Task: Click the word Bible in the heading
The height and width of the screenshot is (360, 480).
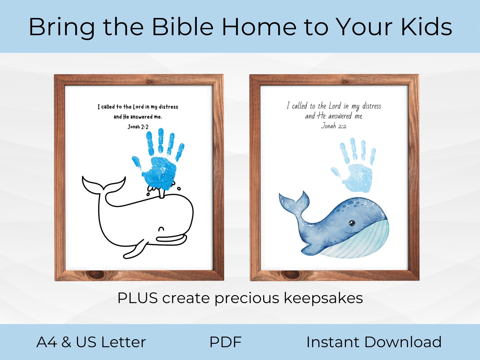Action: (183, 27)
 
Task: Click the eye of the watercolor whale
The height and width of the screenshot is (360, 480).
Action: (352, 223)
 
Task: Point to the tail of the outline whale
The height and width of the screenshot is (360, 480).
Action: (103, 185)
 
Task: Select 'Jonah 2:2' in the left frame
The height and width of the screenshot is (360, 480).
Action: (138, 127)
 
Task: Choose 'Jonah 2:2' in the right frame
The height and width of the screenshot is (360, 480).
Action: (333, 126)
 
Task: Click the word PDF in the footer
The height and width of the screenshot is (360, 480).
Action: (225, 342)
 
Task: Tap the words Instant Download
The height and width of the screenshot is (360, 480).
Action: (374, 342)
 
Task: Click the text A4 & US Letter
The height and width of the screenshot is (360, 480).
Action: (91, 342)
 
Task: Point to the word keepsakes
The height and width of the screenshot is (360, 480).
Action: (323, 298)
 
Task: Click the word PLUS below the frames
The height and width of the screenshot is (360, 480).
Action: (138, 298)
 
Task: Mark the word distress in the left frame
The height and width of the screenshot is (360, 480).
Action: (168, 107)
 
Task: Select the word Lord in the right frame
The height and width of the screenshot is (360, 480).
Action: (335, 106)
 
